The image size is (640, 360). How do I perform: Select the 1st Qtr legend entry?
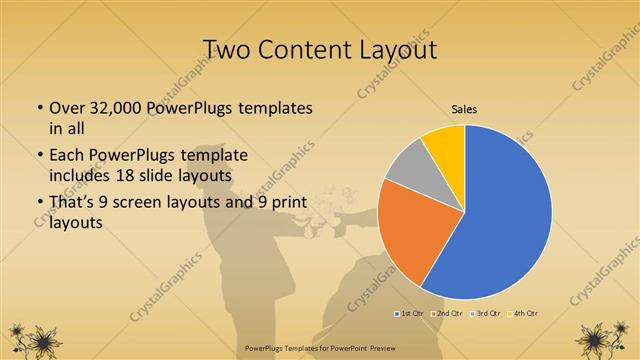[x=409, y=313]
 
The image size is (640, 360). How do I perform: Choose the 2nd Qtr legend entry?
[x=447, y=313]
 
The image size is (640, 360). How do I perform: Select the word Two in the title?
[x=227, y=50]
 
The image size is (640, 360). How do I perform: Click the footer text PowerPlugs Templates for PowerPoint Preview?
[x=319, y=349]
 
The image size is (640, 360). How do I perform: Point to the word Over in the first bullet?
[x=66, y=107]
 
